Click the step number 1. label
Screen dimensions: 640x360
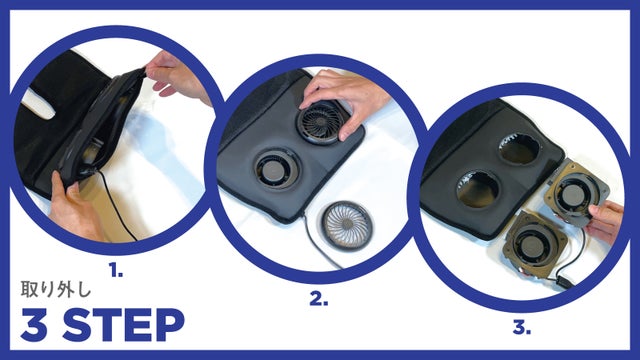click(x=116, y=270)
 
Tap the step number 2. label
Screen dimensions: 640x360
click(x=318, y=299)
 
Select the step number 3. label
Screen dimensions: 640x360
click(x=522, y=328)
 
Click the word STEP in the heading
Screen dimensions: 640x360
click(x=123, y=325)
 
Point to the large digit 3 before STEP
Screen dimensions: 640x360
click(x=34, y=325)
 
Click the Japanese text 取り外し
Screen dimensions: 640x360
click(x=56, y=289)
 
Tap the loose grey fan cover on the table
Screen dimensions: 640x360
click(x=347, y=224)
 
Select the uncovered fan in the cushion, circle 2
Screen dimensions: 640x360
click(x=277, y=169)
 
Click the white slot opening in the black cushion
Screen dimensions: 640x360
click(x=38, y=104)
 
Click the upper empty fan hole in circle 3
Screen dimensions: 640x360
click(x=520, y=149)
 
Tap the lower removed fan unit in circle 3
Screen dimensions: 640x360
click(x=530, y=242)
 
